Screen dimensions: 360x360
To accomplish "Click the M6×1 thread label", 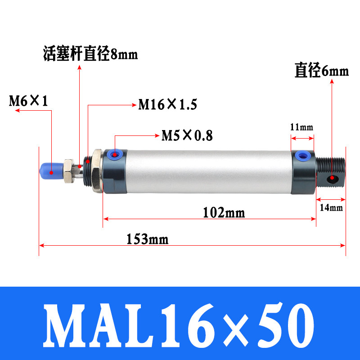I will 29,100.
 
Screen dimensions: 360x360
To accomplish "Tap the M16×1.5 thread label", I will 167,105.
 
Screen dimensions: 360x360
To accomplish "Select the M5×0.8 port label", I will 187,135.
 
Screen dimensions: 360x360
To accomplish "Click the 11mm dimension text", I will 301,127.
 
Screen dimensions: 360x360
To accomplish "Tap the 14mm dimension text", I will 331,207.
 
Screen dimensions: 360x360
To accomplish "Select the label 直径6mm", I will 322,71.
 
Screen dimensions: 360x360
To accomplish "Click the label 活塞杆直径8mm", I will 90,54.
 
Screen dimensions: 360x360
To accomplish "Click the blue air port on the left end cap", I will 116,154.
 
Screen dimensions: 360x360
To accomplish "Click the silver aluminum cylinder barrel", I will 207,171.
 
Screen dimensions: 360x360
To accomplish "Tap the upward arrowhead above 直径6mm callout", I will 332,81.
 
